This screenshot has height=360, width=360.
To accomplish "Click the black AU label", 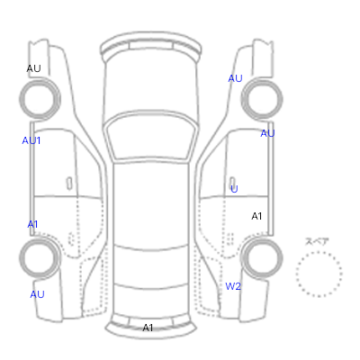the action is [x=33, y=68].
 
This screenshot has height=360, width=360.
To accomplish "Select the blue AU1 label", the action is [x=31, y=140].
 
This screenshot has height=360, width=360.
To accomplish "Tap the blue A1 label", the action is [x=32, y=224].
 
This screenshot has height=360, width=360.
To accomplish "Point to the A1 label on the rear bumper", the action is [x=148, y=328].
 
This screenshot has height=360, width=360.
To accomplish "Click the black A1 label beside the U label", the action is [x=256, y=216].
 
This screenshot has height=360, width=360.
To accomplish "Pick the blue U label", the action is [x=234, y=189].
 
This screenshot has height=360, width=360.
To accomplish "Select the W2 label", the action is [x=233, y=286].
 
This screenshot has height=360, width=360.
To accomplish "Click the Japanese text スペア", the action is [x=317, y=241].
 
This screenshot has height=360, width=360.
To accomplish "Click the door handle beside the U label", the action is [x=232, y=184].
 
